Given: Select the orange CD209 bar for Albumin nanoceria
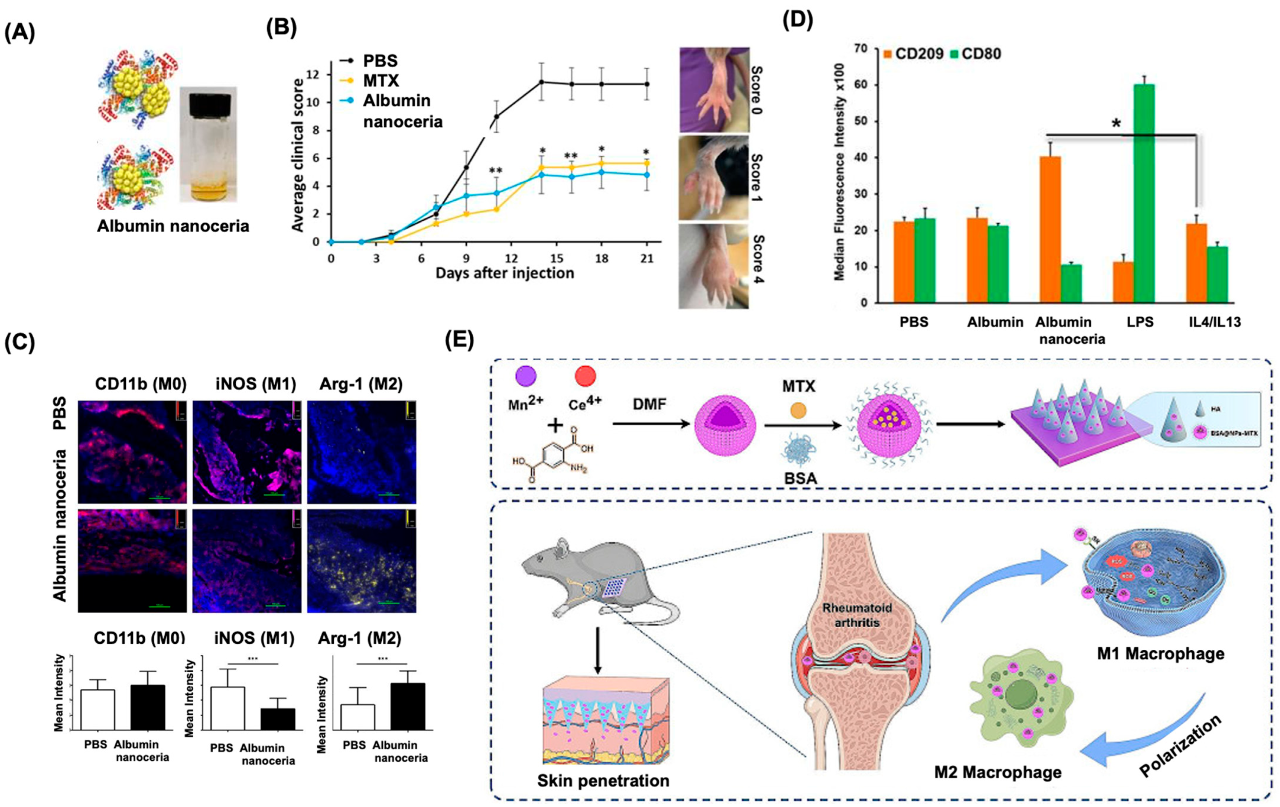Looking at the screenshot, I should click(x=1050, y=230).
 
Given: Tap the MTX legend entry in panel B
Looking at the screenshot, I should click(x=381, y=81).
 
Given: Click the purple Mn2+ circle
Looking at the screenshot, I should click(x=526, y=377).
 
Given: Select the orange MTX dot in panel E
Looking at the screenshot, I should click(x=799, y=410).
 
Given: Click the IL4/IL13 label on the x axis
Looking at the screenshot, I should click(x=1215, y=322).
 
